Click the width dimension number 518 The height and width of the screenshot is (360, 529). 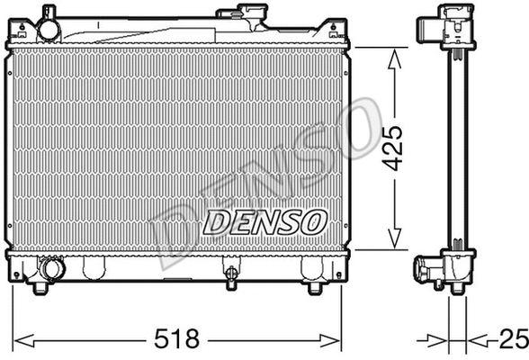coord(178,339)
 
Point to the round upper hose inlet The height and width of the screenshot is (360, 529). coord(48,29)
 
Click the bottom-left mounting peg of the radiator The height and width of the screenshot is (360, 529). coord(40,288)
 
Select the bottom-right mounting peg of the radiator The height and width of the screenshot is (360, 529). coord(314,288)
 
